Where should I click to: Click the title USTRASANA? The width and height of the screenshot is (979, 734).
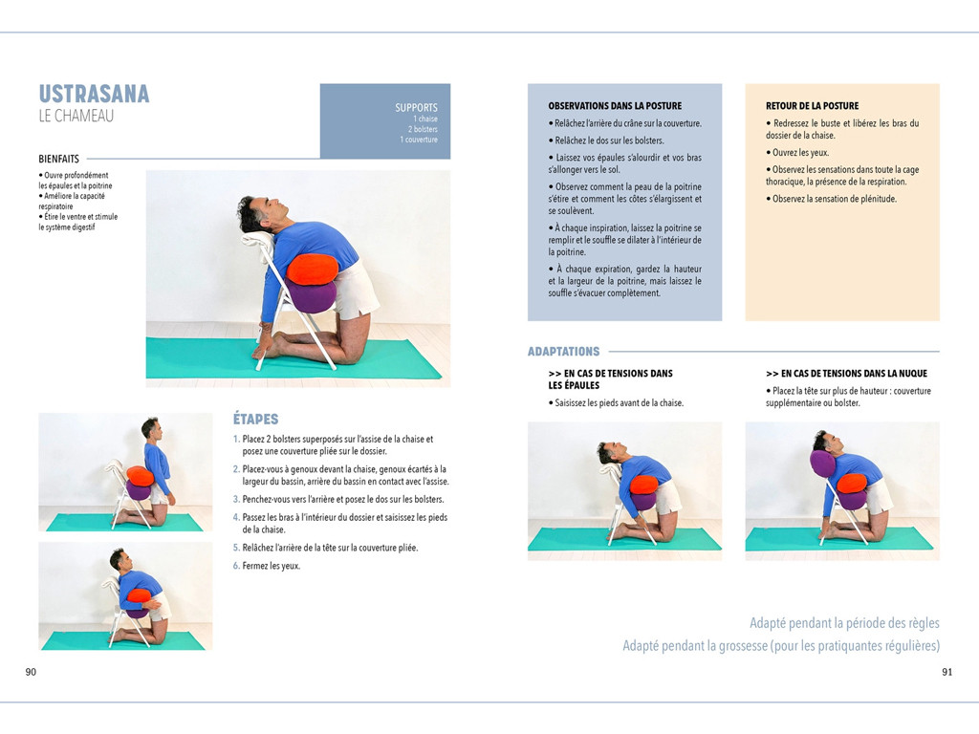94,94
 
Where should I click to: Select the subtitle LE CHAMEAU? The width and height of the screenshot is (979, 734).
76,116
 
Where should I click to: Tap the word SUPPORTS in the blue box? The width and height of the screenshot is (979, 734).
416,108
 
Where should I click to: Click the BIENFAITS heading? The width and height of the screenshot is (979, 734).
58,159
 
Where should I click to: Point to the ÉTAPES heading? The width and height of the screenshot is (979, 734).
255,419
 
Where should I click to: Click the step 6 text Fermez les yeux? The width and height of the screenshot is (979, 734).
271,566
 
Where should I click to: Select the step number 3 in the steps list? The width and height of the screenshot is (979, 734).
236,499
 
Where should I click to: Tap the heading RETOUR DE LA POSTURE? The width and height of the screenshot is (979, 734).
812,106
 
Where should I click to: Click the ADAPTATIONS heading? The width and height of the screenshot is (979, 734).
563,352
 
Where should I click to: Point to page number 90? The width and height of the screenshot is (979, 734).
31,672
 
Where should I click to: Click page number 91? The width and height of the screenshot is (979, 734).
946,672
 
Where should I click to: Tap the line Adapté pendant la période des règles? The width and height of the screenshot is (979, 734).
844,623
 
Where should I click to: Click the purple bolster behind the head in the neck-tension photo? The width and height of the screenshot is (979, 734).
822,464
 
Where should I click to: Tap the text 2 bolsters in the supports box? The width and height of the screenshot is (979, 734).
423,129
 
